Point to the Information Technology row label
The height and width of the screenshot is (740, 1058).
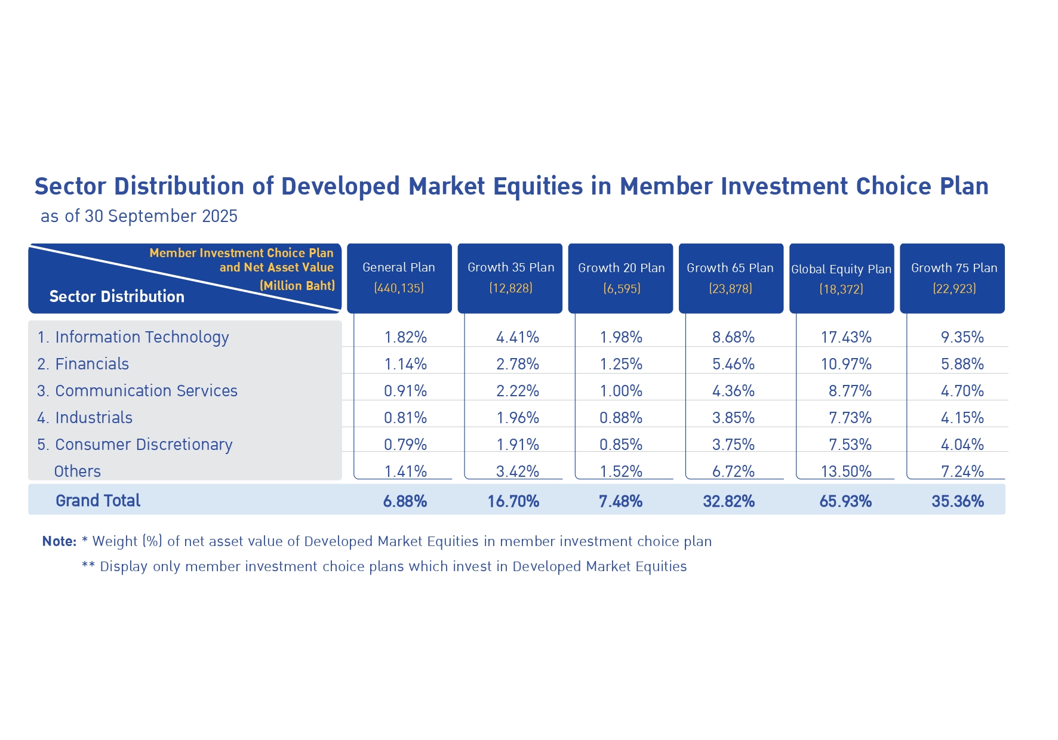(133, 338)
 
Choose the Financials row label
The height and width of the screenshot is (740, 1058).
(83, 364)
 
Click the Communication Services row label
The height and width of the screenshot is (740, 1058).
(137, 391)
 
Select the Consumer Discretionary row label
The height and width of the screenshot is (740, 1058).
(135, 445)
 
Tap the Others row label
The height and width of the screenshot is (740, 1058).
(78, 471)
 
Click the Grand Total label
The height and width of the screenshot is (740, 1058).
(98, 501)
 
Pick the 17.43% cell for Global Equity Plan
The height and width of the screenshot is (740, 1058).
(846, 338)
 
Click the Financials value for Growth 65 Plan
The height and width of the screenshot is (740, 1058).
(733, 364)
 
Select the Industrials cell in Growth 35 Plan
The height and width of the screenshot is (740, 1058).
(518, 418)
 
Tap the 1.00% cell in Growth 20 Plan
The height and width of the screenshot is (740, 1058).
(621, 391)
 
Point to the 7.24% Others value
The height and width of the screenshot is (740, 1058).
(962, 471)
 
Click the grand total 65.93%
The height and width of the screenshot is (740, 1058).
(845, 501)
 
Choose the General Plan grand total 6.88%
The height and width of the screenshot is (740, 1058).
(405, 501)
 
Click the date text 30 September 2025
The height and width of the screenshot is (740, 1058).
(161, 216)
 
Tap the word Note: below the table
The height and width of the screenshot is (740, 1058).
(59, 541)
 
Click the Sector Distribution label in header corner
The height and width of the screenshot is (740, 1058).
(117, 297)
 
